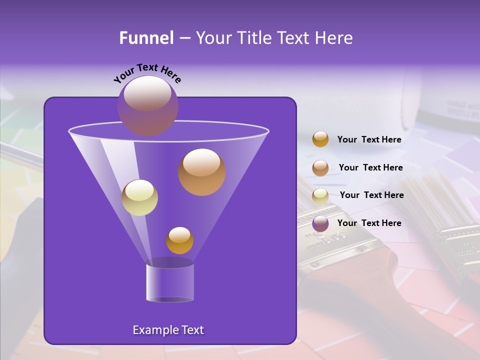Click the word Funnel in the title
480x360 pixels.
pos(146,38)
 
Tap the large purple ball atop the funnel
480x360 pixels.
pos(147,105)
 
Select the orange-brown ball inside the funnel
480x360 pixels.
pos(202,172)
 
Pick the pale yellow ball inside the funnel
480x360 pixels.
pos(139,197)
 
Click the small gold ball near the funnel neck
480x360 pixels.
pos(179,240)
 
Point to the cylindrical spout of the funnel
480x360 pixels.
pos(170,282)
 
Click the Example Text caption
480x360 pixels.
pos(168,330)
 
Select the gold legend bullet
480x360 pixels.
pos(320,139)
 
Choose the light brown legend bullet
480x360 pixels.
pos(320,167)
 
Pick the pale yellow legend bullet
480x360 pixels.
pos(320,195)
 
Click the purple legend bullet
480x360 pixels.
pos(320,223)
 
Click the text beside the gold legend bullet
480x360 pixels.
pos(369,140)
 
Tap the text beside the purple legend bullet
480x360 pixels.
pos(369,223)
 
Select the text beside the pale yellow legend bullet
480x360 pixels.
pos(371,195)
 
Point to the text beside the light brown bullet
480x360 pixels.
pos(370,167)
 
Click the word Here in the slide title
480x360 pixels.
pos(334,38)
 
